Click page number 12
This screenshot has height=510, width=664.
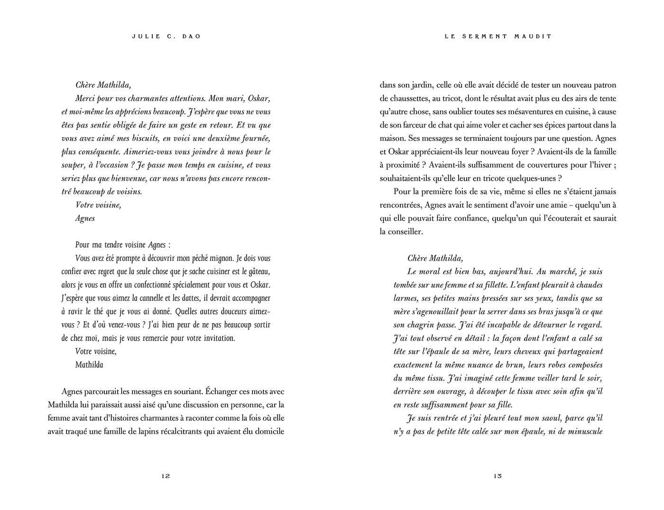click(166, 476)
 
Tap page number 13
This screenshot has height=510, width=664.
click(498, 476)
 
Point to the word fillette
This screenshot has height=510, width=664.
click(501, 285)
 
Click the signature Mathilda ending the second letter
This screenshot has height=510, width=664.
click(89, 365)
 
